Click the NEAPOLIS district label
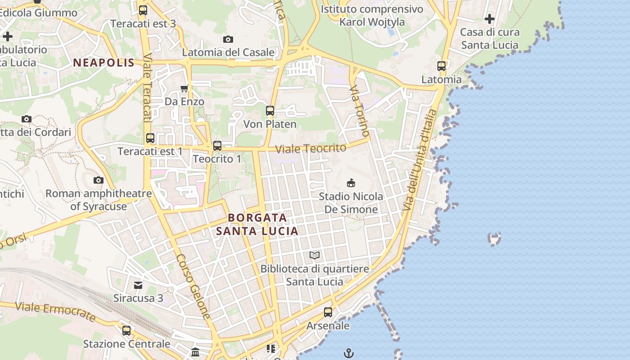tap(104, 63)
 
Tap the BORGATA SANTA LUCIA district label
tap(257, 224)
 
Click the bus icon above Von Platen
tap(270, 110)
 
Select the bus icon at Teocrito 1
tap(217, 145)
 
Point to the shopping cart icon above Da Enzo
tap(184, 88)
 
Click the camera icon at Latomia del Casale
tap(228, 39)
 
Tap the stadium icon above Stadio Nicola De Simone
tap(351, 183)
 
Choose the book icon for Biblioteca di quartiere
tap(315, 255)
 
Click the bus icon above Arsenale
tap(328, 312)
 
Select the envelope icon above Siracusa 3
tap(138, 285)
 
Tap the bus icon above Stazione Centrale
tap(126, 331)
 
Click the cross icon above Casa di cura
tap(490, 19)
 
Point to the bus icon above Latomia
tap(441, 66)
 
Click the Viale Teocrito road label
tap(310, 148)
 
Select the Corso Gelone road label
tap(193, 286)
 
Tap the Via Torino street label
tap(360, 110)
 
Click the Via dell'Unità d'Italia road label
tap(419, 160)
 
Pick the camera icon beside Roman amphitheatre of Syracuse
tap(99, 180)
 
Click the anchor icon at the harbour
tap(349, 353)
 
